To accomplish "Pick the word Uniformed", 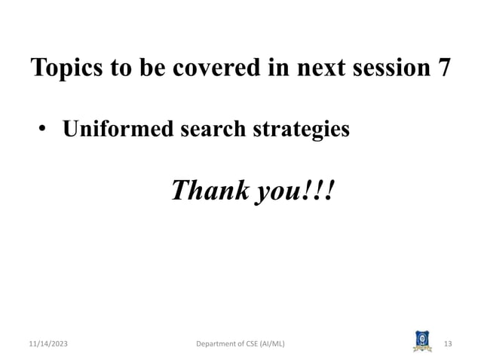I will pos(110,130).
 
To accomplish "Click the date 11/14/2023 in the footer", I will pos(44,344).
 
